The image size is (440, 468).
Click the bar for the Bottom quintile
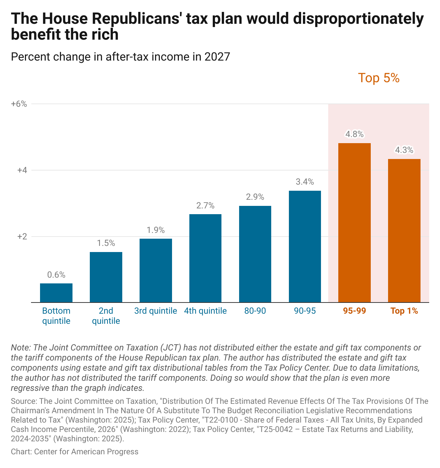tap(56, 293)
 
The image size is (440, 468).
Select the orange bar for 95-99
tap(354, 222)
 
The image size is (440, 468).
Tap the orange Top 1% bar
tap(404, 230)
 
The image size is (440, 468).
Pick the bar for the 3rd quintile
tap(156, 270)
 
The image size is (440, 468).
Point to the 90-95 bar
tap(305, 246)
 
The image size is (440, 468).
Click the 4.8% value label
tap(355, 134)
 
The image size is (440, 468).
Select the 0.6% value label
tap(56, 275)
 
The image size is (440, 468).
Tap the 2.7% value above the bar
tap(205, 206)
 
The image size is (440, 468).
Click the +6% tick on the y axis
tap(19, 104)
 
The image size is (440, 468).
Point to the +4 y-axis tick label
tap(22, 170)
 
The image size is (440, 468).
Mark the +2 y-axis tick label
tap(22, 237)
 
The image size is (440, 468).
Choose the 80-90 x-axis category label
tap(255, 311)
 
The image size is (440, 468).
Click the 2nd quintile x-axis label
tap(106, 316)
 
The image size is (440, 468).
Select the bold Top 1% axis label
tap(404, 311)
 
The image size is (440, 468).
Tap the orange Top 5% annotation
tap(379, 78)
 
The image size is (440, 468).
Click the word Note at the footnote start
tap(20, 348)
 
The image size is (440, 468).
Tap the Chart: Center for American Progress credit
tap(75, 451)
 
